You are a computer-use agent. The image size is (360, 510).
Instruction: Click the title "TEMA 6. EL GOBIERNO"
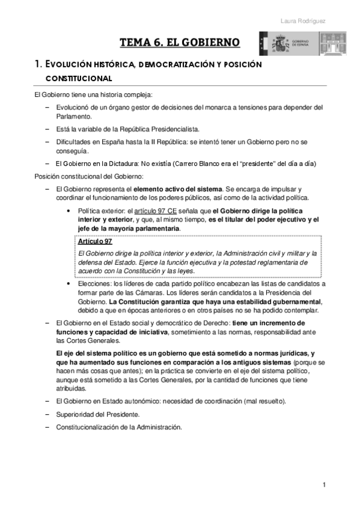[180, 42]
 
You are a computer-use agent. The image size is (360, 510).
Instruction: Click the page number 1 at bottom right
[323, 485]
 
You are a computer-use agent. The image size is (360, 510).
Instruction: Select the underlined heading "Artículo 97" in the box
[95, 242]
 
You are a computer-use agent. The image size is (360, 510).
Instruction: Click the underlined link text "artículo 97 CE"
[156, 210]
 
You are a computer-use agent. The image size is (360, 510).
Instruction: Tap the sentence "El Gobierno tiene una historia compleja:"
[93, 95]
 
